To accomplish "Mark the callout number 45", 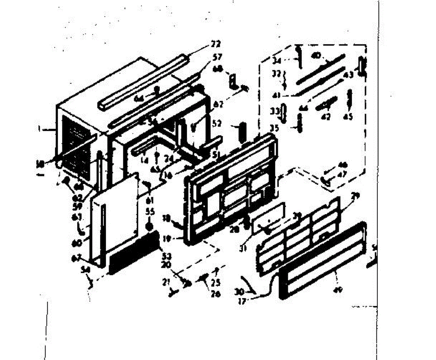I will [x=348, y=117].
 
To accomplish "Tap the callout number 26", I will [x=215, y=295].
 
